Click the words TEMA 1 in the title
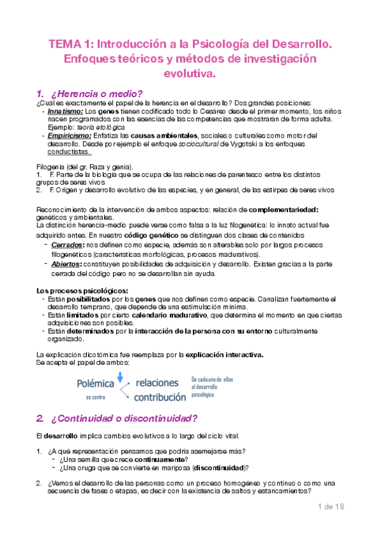pyautogui.click(x=71, y=45)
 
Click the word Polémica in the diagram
pyautogui.click(x=95, y=384)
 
